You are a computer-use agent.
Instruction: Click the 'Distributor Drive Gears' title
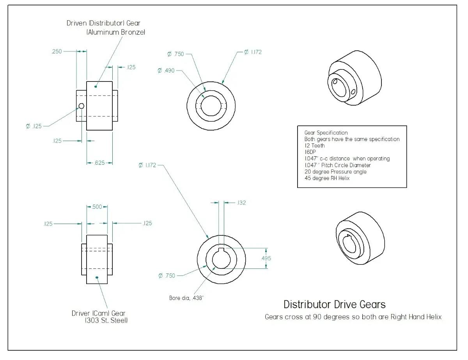335,304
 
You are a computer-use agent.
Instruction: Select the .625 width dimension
100,163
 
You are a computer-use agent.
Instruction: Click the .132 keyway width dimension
241,203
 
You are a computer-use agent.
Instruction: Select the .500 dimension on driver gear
97,206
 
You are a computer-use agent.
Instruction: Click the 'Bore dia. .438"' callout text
187,298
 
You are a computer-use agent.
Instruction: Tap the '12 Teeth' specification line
314,146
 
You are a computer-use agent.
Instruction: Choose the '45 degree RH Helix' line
327,178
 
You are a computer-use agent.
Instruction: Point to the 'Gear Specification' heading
326,133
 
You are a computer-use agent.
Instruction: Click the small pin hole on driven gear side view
82,106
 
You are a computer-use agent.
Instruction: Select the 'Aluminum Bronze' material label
116,33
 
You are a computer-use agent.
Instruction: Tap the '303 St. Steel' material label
106,321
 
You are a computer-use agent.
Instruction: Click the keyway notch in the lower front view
221,250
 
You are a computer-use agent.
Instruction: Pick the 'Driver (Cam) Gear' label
99,313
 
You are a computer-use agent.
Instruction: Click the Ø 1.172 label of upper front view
253,52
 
